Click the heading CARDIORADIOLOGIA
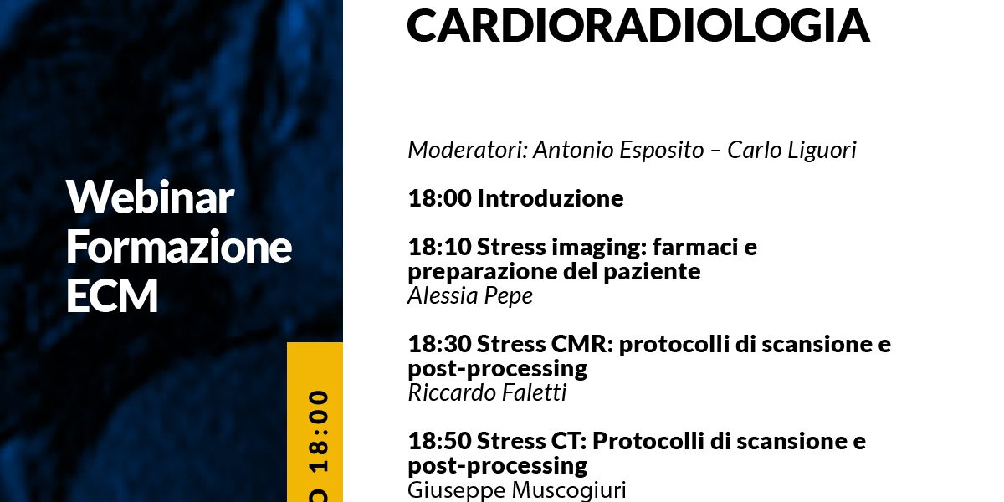click(x=638, y=25)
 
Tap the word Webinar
click(x=150, y=197)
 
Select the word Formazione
click(x=179, y=246)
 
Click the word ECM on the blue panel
click(x=112, y=295)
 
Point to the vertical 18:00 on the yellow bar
click(x=319, y=432)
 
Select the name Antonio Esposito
click(x=618, y=150)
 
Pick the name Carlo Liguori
click(x=791, y=150)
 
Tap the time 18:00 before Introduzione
click(x=439, y=198)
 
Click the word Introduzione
click(x=550, y=198)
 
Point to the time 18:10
click(x=439, y=247)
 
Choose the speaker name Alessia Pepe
click(x=470, y=296)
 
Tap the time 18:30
click(x=439, y=344)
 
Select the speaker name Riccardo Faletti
click(x=487, y=392)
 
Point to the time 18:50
click(x=439, y=441)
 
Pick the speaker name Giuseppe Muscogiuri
click(x=517, y=490)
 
